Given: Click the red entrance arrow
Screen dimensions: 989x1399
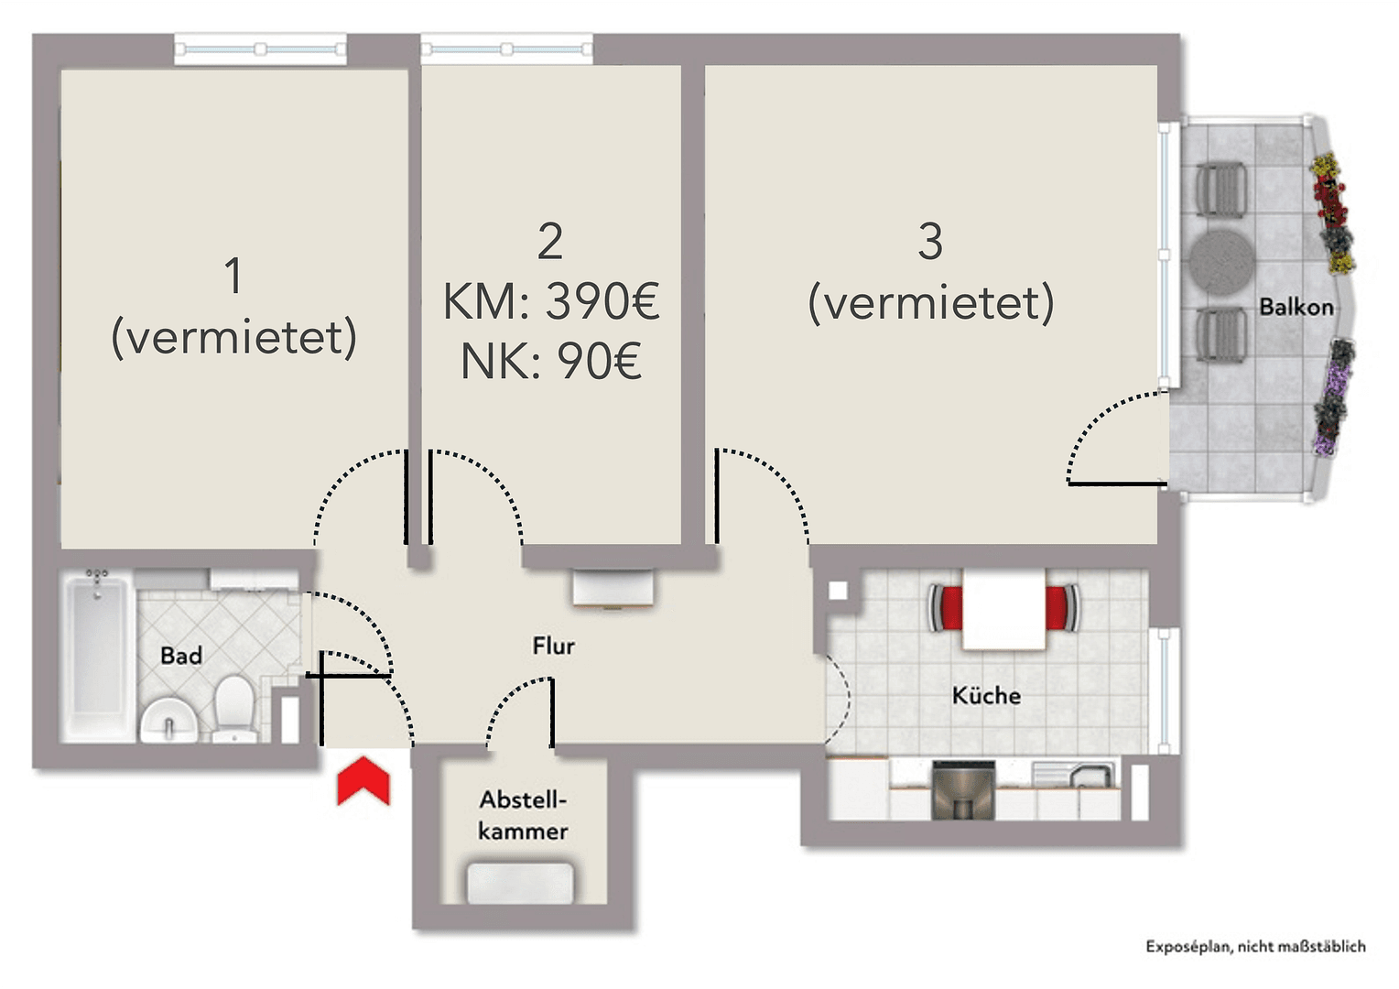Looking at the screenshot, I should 363,783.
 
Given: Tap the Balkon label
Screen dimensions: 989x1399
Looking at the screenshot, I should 1296,307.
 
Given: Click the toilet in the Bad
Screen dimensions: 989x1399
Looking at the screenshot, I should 234,707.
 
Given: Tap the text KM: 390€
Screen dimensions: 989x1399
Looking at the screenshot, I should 550,301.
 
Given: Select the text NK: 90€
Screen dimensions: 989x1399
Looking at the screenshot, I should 550,361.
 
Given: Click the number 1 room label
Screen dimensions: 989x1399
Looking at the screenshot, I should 233,276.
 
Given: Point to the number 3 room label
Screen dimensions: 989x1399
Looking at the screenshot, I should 930,242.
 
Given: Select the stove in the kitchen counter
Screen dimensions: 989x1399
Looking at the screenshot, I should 963,790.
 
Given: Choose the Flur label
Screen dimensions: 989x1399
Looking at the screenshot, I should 553,646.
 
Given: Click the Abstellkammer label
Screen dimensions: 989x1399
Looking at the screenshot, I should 523,815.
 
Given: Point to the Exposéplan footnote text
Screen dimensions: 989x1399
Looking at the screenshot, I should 1255,947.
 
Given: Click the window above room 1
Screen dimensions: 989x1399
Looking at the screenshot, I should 260,49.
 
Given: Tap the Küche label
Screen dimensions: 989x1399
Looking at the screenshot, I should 986,695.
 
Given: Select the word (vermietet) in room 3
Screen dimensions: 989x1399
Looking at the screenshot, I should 930,303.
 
